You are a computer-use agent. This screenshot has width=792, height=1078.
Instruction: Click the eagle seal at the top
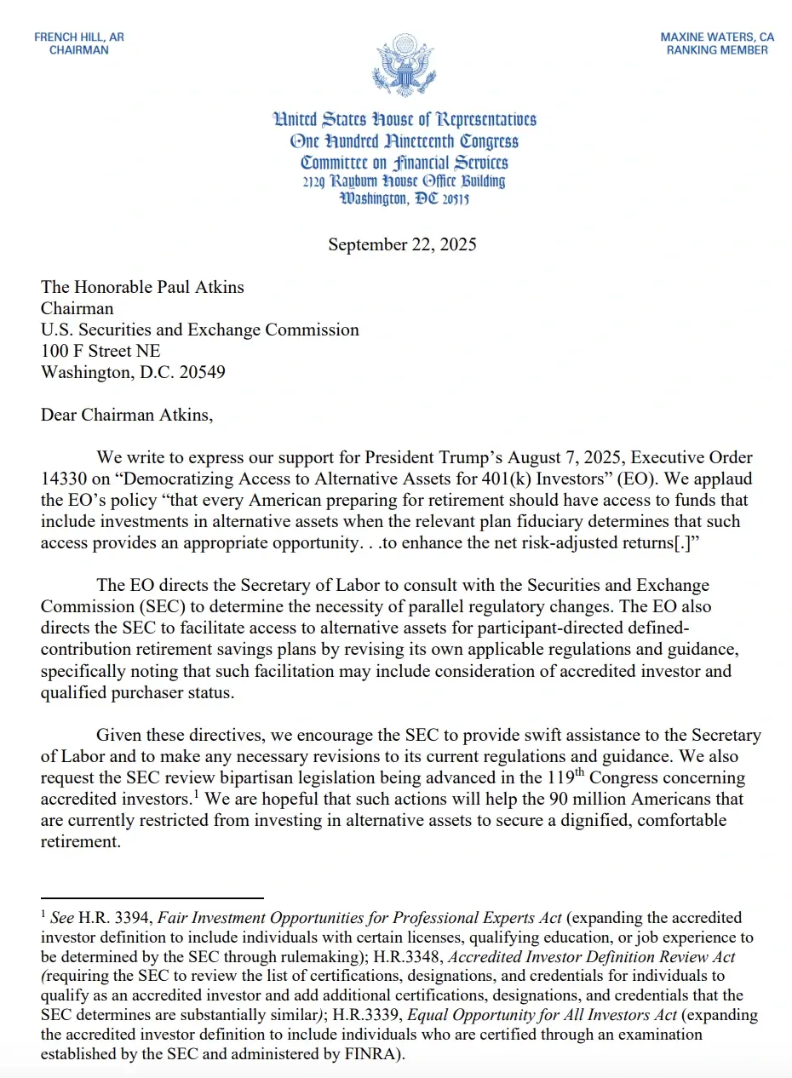pyautogui.click(x=404, y=65)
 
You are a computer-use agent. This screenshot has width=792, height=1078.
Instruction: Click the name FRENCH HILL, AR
pyautogui.click(x=79, y=37)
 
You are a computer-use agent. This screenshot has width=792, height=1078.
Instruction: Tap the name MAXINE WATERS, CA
pyautogui.click(x=717, y=37)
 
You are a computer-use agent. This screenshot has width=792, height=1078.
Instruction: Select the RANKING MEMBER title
pyautogui.click(x=717, y=50)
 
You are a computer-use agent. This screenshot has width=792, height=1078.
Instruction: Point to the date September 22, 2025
pyautogui.click(x=402, y=244)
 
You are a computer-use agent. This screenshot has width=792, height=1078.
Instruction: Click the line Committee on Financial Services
pyautogui.click(x=404, y=162)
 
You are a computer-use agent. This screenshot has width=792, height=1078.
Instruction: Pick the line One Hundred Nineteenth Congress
pyautogui.click(x=404, y=141)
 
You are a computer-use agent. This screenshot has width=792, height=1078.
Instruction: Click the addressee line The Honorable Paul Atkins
pyautogui.click(x=142, y=287)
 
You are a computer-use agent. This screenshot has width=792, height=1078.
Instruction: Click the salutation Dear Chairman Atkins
pyautogui.click(x=123, y=415)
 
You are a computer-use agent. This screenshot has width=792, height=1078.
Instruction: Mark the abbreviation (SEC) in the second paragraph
pyautogui.click(x=152, y=606)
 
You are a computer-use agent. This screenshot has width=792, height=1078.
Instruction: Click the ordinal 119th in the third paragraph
pyautogui.click(x=566, y=778)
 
